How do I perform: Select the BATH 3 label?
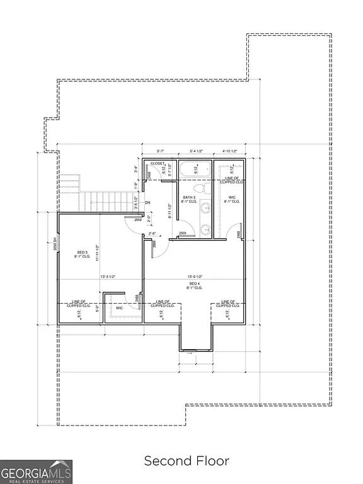189,200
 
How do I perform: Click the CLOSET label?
158,163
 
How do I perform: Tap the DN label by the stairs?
147,202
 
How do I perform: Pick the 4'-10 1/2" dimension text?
229,151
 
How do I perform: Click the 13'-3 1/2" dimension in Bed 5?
110,277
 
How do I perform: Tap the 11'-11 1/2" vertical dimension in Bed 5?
96,253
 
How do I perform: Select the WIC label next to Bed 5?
118,308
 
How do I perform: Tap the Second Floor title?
187,461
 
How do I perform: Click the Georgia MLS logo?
37,471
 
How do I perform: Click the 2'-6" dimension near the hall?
151,234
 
